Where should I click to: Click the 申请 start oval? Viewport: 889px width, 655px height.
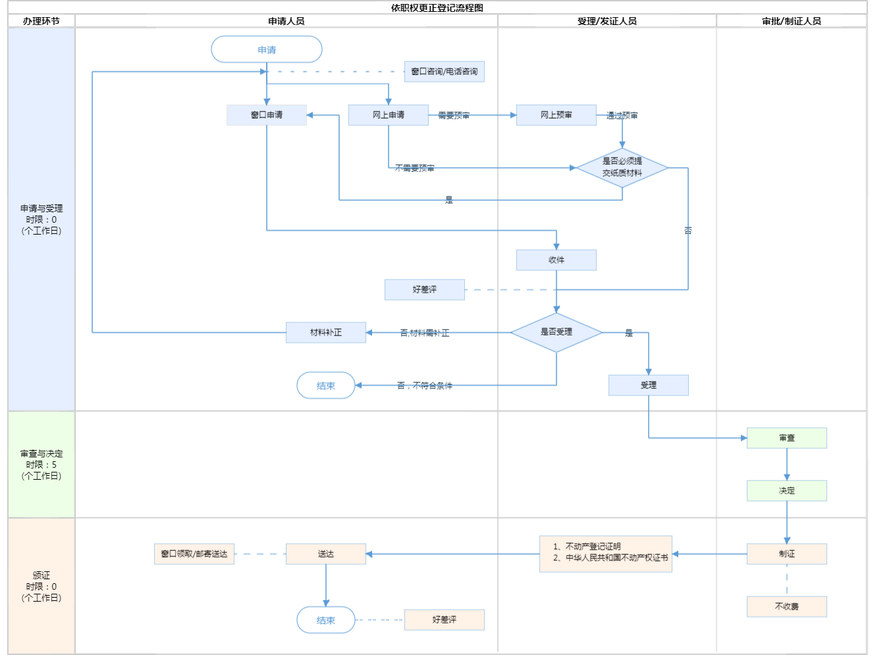tap(267, 49)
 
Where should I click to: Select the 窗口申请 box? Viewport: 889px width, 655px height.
tap(267, 115)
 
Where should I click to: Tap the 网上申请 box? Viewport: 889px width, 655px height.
tap(389, 115)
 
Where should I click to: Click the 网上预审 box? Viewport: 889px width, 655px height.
tap(556, 115)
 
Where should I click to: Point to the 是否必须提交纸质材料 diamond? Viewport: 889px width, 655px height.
tap(622, 167)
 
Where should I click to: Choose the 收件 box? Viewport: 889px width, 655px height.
tap(556, 260)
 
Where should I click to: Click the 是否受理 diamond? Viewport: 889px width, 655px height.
tap(556, 332)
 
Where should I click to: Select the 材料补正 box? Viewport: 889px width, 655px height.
tap(326, 332)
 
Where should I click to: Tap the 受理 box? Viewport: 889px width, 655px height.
tap(649, 385)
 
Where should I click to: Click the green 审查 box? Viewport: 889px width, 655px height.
tap(787, 438)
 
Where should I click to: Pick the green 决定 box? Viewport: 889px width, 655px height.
tap(787, 490)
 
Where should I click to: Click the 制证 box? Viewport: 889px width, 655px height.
tap(787, 554)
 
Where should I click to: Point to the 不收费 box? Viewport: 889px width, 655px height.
tap(787, 606)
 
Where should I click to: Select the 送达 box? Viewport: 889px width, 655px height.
tap(326, 554)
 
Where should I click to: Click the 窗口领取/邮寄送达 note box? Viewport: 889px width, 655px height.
tap(194, 554)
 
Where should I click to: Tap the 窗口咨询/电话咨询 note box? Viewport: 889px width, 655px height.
tap(444, 71)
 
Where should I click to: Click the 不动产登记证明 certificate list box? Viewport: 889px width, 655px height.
tap(606, 554)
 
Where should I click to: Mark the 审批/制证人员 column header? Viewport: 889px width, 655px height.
tap(792, 21)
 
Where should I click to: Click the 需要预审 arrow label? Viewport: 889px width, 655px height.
tap(454, 115)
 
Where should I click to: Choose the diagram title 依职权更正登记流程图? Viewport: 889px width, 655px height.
tap(437, 8)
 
